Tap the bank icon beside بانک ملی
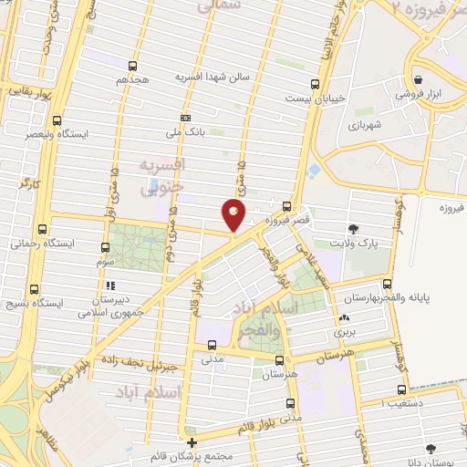tap(185, 118)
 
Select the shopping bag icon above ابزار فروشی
tap(418, 79)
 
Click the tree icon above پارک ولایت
tap(353, 228)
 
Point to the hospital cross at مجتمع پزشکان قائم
tap(192, 442)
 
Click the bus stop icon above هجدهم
tap(134, 66)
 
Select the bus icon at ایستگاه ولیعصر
tap(58, 120)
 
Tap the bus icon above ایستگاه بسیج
tap(34, 288)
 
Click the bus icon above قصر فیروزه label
tap(287, 206)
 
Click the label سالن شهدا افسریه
tap(213, 78)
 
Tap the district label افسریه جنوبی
tap(161, 176)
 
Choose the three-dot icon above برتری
tap(344, 319)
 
